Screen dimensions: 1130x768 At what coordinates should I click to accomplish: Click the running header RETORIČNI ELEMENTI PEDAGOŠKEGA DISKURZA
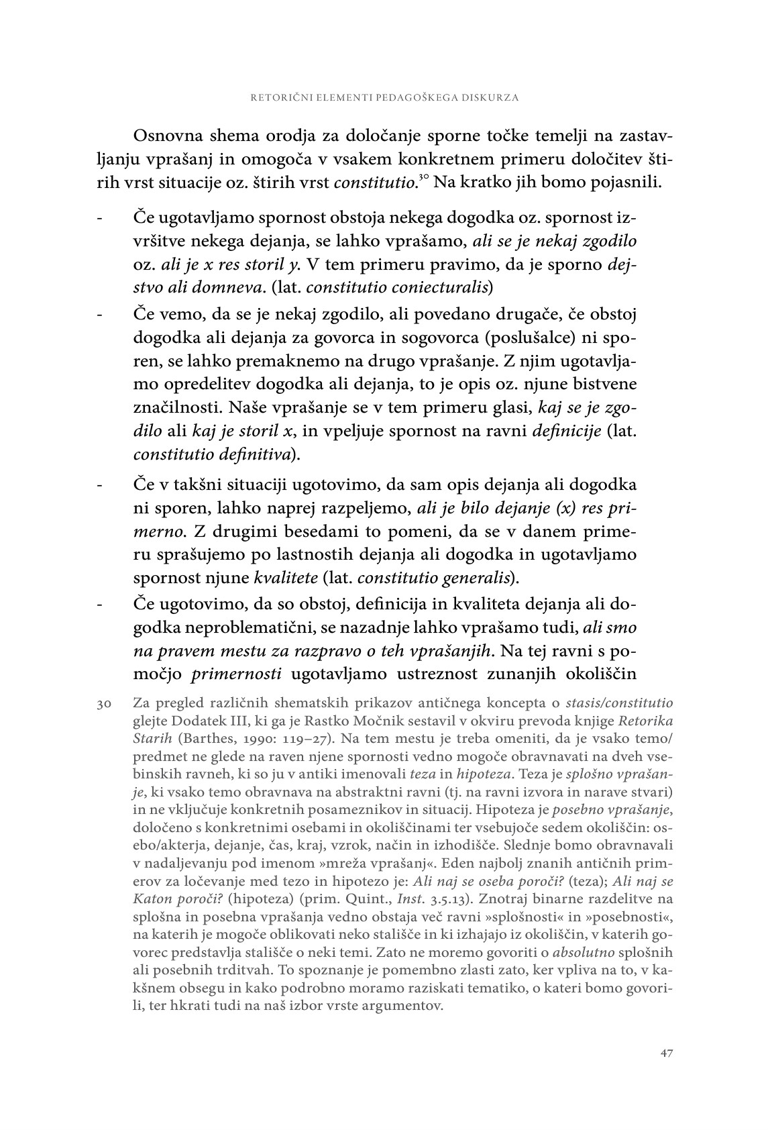click(x=384, y=97)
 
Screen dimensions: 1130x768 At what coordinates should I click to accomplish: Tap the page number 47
click(x=666, y=1053)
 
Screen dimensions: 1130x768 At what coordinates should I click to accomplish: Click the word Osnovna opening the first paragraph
click(x=168, y=136)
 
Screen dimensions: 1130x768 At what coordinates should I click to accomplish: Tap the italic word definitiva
click(x=260, y=454)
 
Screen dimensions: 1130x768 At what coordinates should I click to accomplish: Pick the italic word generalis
click(x=480, y=577)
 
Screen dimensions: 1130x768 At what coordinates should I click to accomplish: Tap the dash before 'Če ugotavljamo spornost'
click(x=100, y=218)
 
